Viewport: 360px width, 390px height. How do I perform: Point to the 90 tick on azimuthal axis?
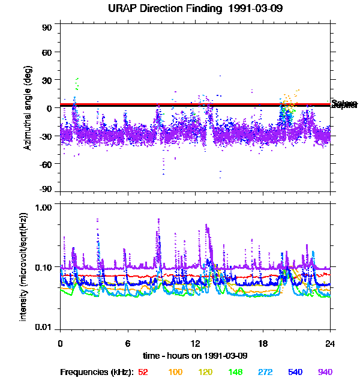[x=46, y=28]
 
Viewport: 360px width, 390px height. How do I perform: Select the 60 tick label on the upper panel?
[x=46, y=52]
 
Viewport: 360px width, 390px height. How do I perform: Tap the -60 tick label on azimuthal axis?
[x=44, y=163]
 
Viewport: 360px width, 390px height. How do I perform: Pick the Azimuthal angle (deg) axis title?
[x=28, y=108]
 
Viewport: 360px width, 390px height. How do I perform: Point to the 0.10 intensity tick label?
[x=43, y=266]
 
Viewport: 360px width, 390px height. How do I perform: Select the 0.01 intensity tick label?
[x=43, y=327]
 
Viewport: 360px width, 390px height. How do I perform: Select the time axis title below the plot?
[x=196, y=356]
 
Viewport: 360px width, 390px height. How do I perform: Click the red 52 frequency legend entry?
[x=143, y=372]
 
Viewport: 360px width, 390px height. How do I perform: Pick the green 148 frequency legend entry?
[x=235, y=372]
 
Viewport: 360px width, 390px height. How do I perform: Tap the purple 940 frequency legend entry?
[x=325, y=372]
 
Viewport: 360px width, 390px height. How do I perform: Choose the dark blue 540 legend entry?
[x=295, y=372]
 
